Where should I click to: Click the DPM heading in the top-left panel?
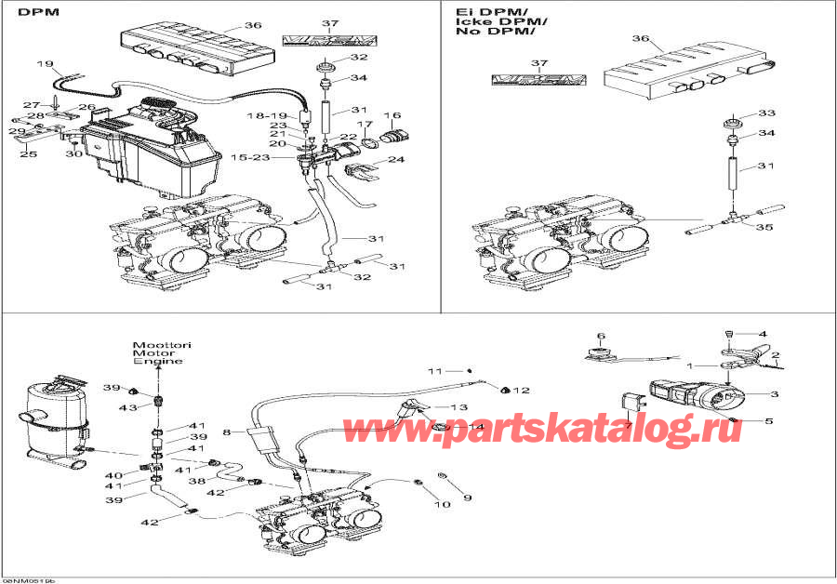pyautogui.click(x=33, y=14)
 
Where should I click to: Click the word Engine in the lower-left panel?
pyautogui.click(x=160, y=361)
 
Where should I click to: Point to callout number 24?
pyautogui.click(x=396, y=160)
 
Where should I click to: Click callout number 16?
pyautogui.click(x=392, y=116)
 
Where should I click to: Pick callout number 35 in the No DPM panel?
pyautogui.click(x=764, y=226)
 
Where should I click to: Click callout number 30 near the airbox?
pyautogui.click(x=73, y=154)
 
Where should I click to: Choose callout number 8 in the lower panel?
pyautogui.click(x=226, y=432)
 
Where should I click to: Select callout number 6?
pyautogui.click(x=601, y=336)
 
